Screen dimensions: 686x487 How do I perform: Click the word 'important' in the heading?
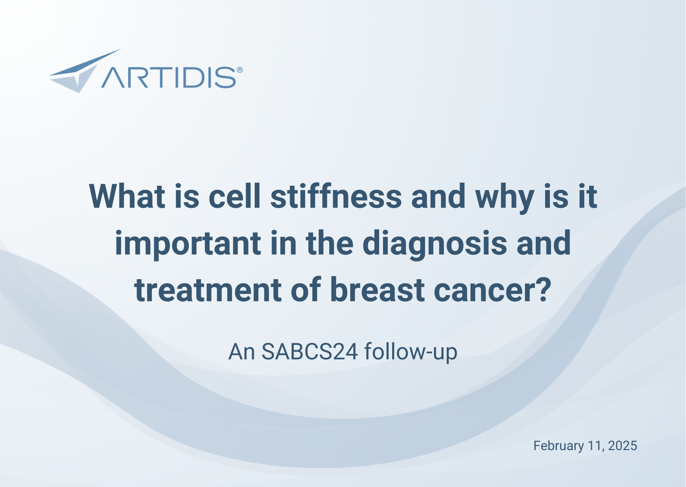(x=188, y=244)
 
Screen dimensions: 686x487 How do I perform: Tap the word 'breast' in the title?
(x=377, y=290)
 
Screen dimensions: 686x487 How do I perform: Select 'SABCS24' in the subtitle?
(x=310, y=352)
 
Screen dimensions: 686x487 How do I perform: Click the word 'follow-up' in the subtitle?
(x=411, y=352)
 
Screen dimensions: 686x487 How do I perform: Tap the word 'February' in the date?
(x=558, y=446)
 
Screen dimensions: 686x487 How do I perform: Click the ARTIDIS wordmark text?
(x=169, y=77)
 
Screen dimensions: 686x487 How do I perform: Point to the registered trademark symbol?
(x=240, y=70)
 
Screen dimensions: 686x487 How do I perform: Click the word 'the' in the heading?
(x=329, y=244)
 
